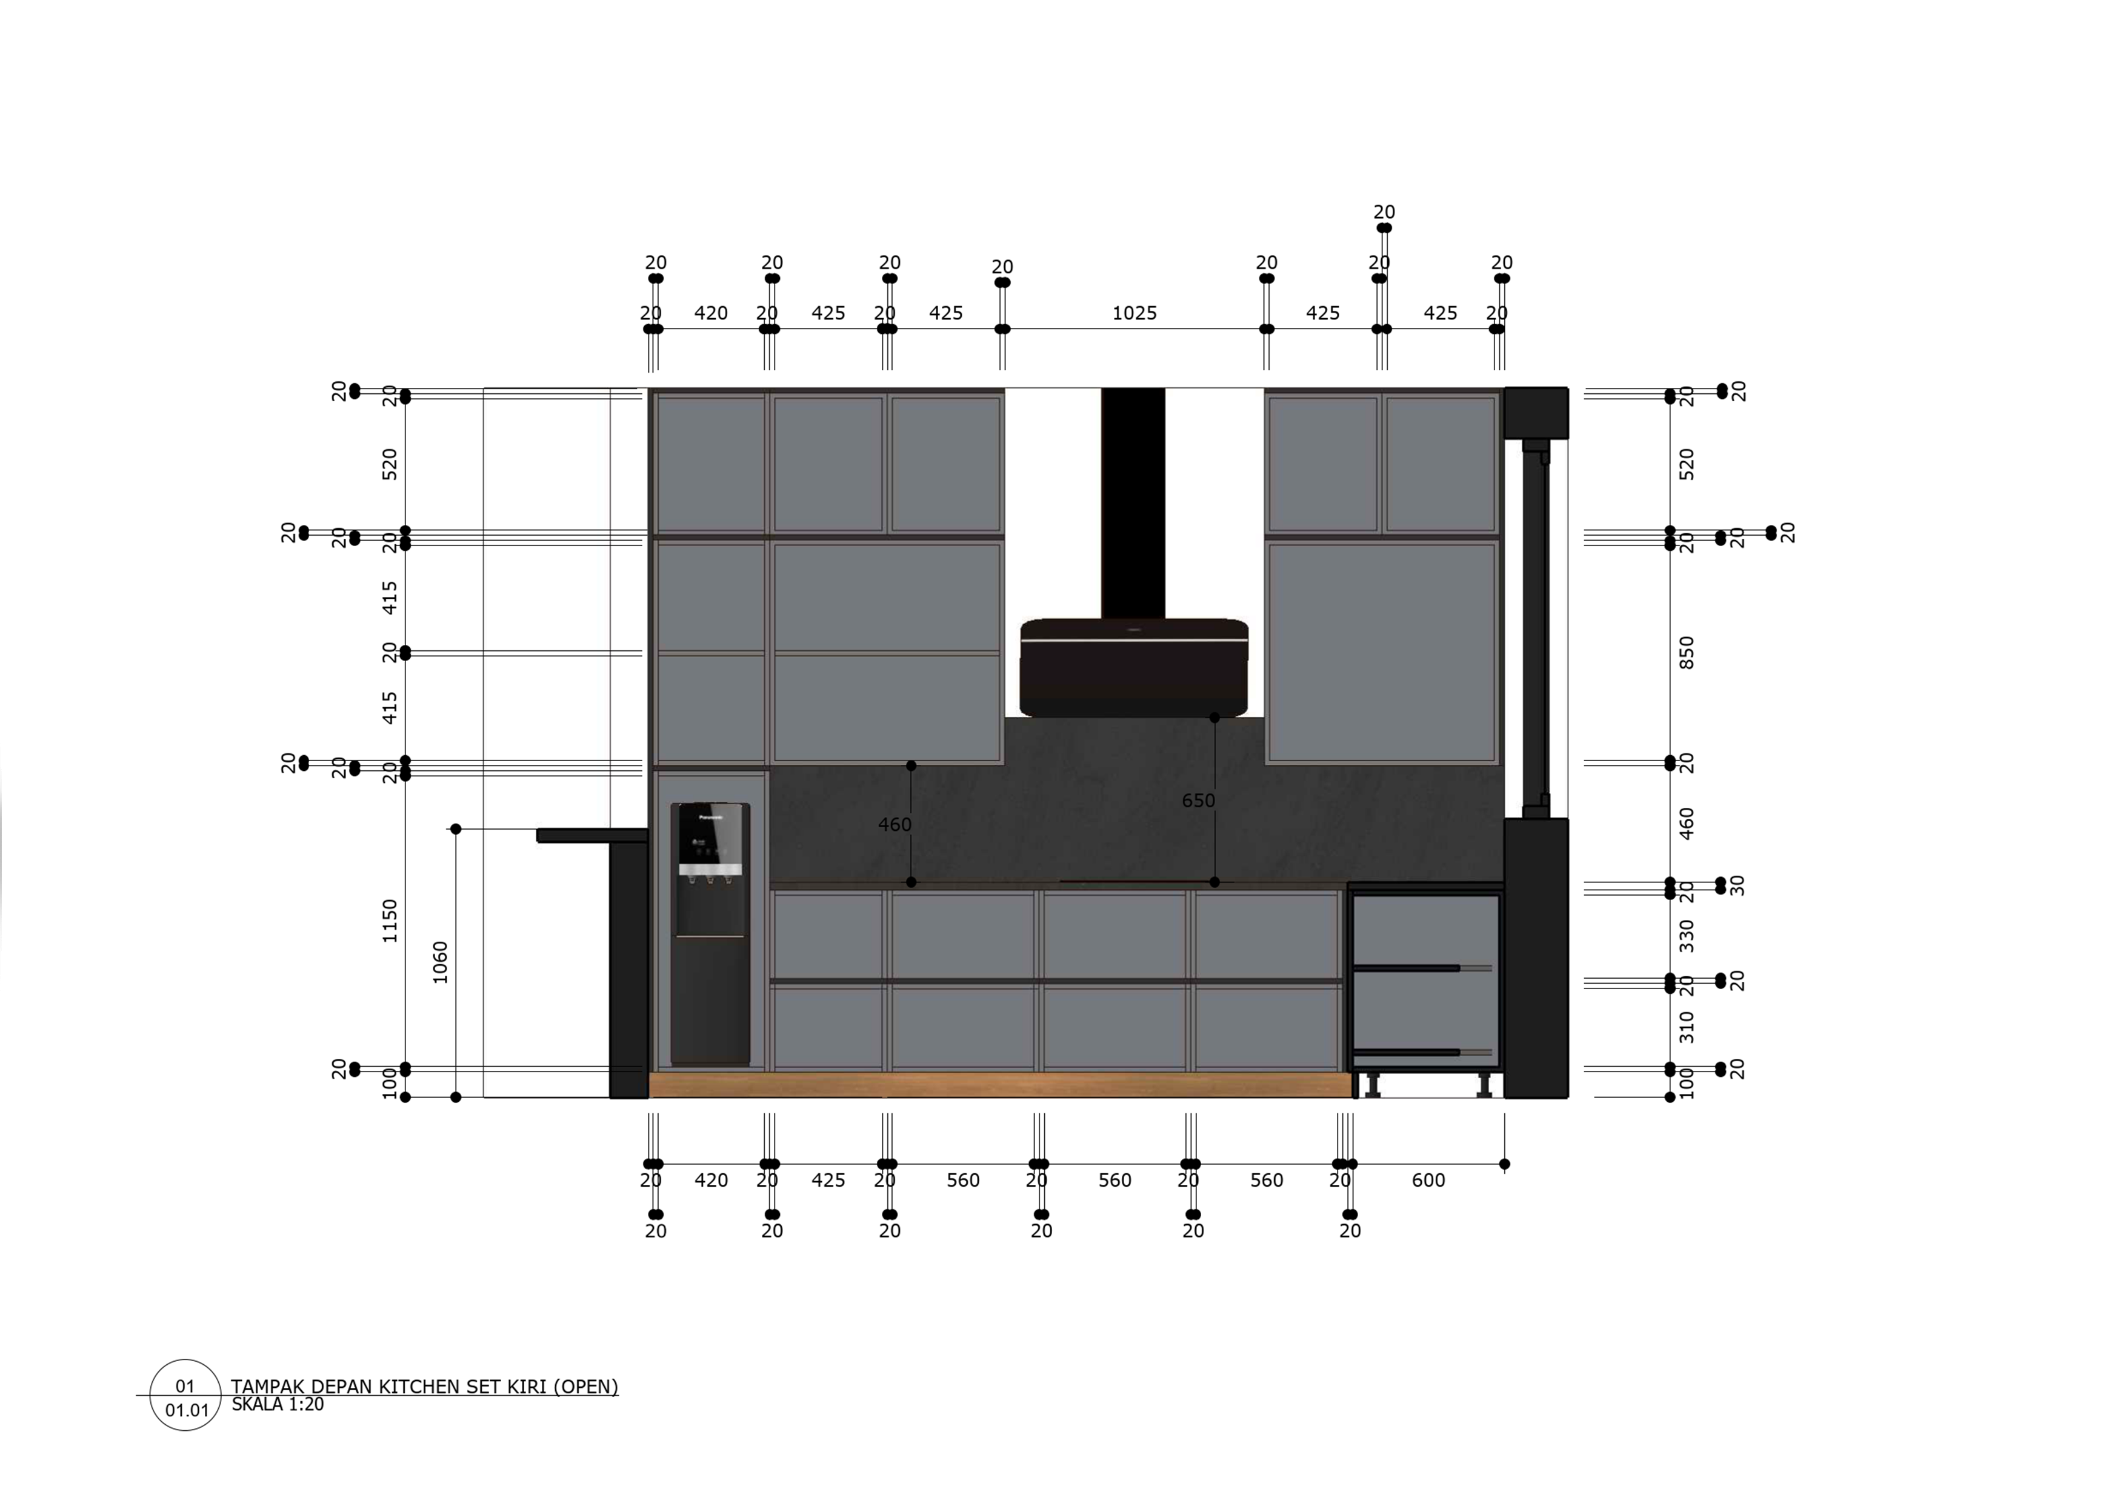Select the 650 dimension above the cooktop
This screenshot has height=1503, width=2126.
tap(1198, 800)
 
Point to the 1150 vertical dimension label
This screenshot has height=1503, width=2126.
tap(390, 921)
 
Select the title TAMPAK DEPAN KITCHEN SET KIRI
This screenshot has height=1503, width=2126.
tap(424, 1386)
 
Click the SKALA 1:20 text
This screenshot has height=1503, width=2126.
tap(277, 1405)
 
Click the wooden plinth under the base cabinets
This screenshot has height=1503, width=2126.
tap(1000, 1084)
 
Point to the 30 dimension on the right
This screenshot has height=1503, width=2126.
tap(1737, 885)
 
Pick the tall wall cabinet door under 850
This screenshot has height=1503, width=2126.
tap(1380, 652)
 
